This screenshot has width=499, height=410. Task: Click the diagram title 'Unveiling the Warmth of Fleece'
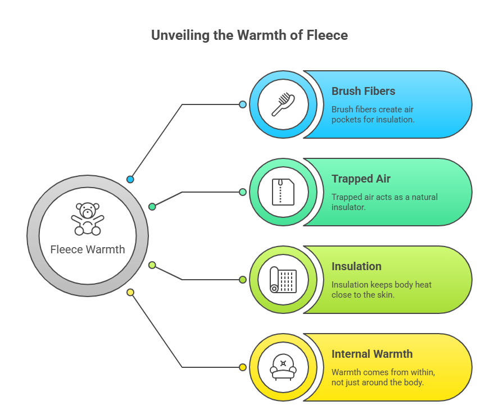tap(249, 35)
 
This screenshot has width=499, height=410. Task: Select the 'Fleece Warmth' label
tap(88, 249)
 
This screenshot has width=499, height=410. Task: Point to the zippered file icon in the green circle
tap(283, 192)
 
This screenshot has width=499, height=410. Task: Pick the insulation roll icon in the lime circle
tap(283, 280)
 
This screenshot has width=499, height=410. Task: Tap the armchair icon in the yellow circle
tap(283, 367)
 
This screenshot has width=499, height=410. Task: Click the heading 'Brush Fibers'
tap(363, 91)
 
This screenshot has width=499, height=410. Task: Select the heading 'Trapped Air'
tap(361, 179)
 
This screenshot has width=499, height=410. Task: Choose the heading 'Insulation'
tap(356, 266)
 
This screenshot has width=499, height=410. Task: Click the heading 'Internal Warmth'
tap(372, 354)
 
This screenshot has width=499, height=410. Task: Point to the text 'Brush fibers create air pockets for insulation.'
tap(373, 115)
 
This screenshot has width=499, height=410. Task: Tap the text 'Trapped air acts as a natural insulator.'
tap(384, 202)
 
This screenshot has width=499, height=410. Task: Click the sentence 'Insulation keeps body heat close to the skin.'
tap(382, 289)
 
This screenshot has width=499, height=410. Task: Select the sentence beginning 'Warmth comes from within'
tap(383, 377)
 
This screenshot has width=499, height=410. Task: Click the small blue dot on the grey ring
tap(130, 180)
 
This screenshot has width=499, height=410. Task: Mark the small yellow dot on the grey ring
tap(130, 292)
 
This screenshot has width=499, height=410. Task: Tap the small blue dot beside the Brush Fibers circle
tap(243, 104)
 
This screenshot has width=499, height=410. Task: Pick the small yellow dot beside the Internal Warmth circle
tap(243, 367)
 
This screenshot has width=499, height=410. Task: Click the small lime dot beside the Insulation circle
tap(243, 280)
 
